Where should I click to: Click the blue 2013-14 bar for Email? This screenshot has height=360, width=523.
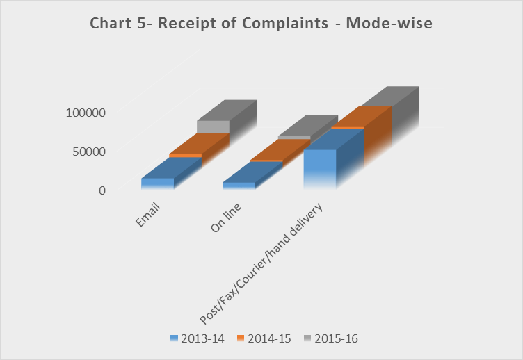(x=158, y=183)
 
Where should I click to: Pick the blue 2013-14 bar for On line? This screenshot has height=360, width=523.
(x=239, y=185)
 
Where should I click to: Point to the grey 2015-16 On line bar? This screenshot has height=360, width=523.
(x=295, y=137)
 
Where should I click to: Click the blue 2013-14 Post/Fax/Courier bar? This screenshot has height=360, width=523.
(x=321, y=169)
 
